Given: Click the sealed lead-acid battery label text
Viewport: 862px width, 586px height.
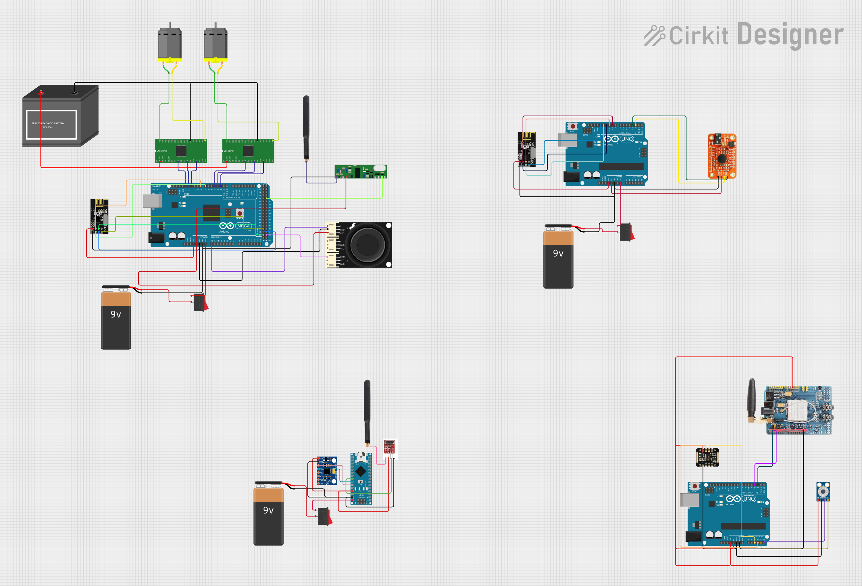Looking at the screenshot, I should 48,125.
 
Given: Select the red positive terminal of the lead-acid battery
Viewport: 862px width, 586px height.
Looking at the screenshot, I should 41,92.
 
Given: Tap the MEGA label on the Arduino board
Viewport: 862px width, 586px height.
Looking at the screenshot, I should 243,226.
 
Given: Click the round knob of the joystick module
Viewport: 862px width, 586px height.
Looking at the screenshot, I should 367,245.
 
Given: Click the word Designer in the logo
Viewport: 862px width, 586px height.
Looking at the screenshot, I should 790,35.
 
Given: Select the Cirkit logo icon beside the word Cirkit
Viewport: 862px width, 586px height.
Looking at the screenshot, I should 655,36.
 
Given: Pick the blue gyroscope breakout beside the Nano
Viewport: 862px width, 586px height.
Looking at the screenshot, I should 327,471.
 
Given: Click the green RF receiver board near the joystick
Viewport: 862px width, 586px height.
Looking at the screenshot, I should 361,171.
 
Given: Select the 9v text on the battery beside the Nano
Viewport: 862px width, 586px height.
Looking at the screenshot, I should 268,510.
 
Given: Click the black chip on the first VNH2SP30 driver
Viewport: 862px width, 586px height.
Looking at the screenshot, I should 181,151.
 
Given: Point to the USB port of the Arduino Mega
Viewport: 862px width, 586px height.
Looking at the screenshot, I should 152,201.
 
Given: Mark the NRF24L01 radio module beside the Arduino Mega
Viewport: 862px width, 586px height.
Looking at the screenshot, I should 99,216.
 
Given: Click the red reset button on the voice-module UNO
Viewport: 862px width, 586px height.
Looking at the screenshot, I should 573,126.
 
